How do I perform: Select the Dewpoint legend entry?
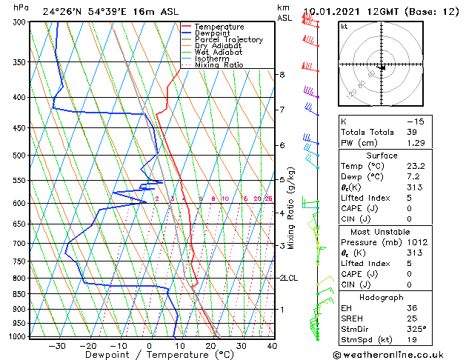pos(212,33)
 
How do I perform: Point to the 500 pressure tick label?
pos(20,156)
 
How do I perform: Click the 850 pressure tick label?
pos(20,294)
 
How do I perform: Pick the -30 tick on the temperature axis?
pos(57,345)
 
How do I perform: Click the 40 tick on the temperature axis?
pos(272,345)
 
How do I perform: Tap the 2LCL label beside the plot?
pos(288,278)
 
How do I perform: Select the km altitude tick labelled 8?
pos(282,75)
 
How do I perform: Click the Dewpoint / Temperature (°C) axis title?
pos(150,355)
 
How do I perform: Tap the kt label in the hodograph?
pos(344,26)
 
